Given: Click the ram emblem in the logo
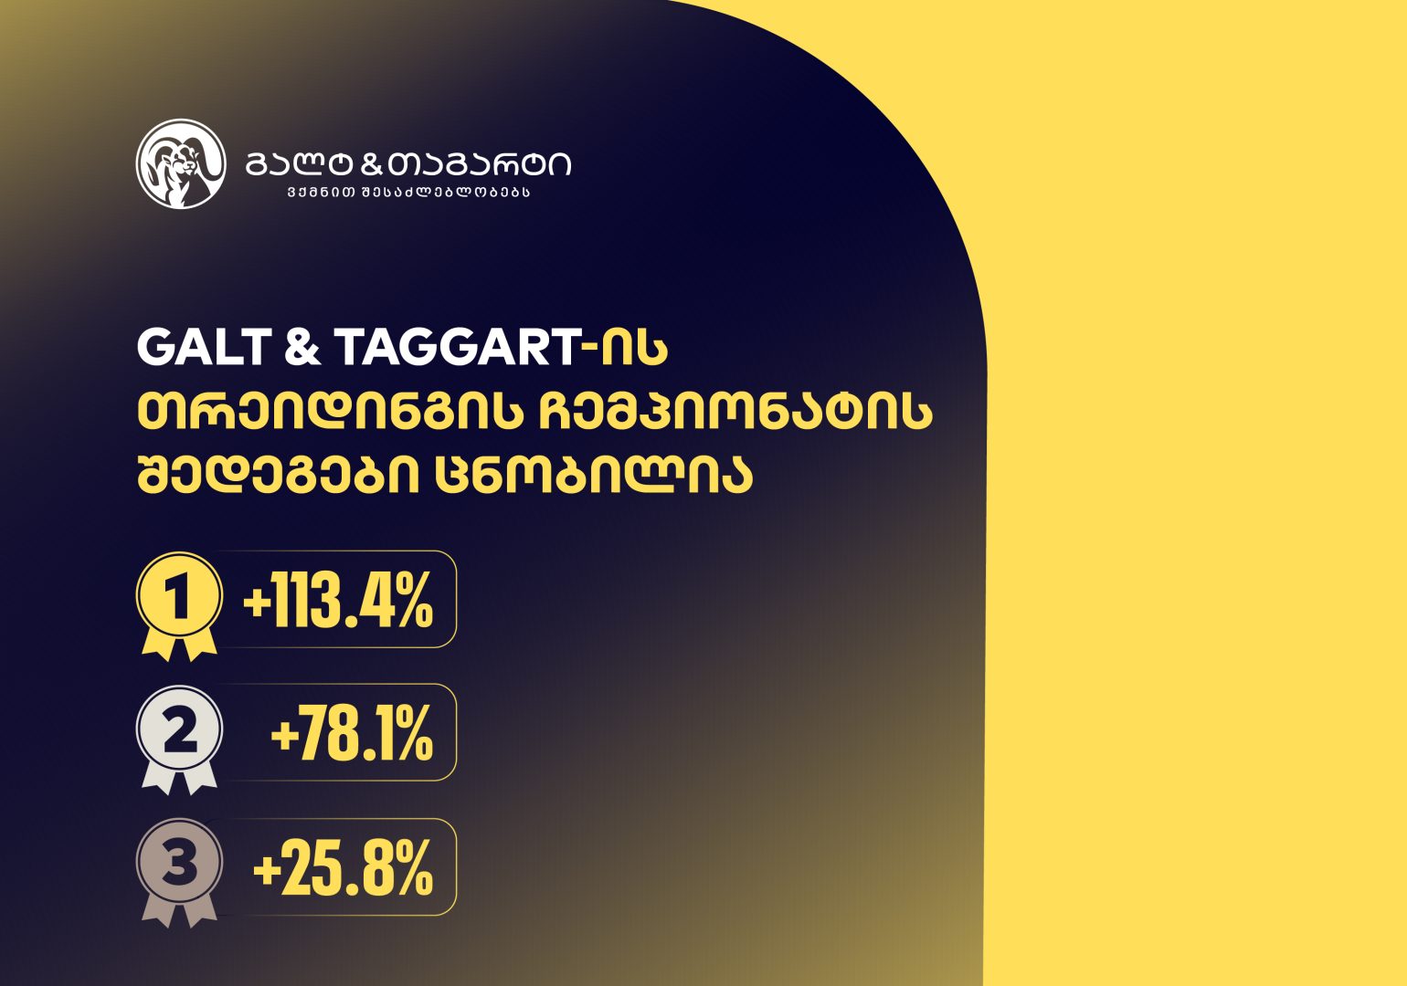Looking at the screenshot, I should point(181,164).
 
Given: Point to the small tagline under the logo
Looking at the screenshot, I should point(407,193).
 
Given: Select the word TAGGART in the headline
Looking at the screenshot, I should point(458,348).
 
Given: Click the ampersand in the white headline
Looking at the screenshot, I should point(302,348).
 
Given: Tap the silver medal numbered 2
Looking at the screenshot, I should point(179,731).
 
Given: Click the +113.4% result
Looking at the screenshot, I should point(338,602).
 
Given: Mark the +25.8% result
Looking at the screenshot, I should point(343,868).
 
